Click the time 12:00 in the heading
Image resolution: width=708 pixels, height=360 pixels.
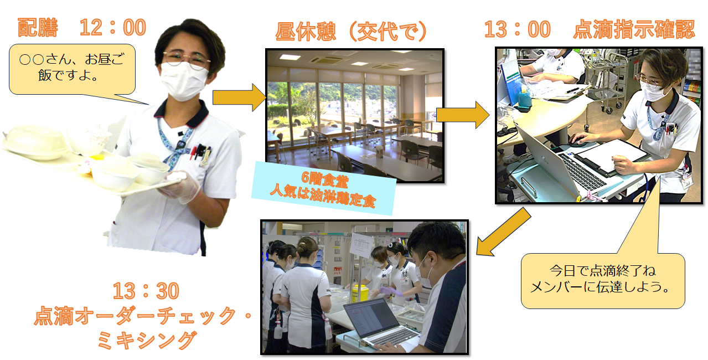(113, 28)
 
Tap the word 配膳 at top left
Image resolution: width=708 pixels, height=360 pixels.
(38, 28)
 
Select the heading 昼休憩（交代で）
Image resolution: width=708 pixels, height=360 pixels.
(351, 32)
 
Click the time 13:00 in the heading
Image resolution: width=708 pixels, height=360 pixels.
(518, 29)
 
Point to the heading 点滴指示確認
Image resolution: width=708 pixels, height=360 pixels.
(634, 29)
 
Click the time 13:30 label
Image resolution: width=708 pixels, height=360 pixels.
(146, 291)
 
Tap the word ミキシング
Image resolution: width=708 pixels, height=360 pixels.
(147, 340)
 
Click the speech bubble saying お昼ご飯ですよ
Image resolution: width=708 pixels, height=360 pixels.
(72, 69)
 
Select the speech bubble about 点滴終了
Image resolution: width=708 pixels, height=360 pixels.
(603, 280)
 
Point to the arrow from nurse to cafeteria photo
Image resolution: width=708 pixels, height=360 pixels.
(239, 97)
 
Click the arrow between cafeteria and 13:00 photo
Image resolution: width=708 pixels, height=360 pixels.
(463, 115)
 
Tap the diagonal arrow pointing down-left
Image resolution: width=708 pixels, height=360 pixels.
(504, 233)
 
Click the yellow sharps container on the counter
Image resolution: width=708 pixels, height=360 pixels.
(360, 293)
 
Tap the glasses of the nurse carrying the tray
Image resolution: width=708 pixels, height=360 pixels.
(186, 59)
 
